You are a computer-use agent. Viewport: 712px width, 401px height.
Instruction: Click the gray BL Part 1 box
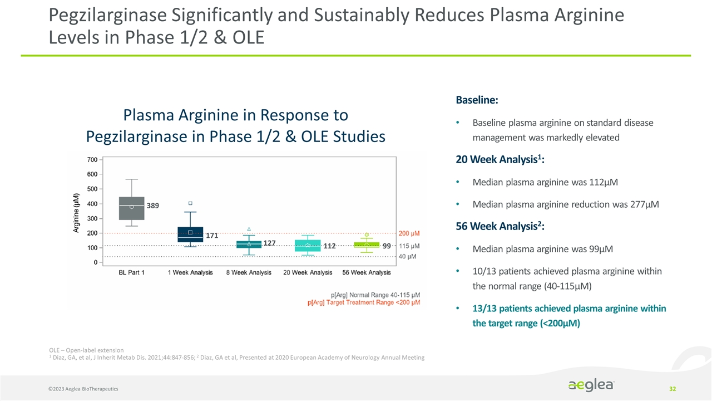click(132, 208)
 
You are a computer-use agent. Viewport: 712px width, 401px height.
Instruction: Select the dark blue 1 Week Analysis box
click(190, 234)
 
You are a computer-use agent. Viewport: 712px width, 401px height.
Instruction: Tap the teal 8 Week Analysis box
click(249, 244)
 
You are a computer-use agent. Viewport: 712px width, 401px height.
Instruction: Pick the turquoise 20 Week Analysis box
click(308, 246)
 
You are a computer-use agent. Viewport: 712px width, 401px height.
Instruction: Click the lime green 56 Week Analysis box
click(367, 244)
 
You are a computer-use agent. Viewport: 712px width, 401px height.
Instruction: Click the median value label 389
click(153, 206)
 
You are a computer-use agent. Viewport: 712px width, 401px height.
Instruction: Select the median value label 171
click(212, 236)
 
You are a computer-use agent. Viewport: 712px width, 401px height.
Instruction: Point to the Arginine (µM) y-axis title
click(76, 214)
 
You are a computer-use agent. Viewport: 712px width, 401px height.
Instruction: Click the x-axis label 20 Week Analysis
click(308, 272)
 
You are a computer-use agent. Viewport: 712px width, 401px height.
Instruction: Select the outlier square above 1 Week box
click(190, 203)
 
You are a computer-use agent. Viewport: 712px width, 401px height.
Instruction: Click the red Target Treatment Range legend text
click(364, 302)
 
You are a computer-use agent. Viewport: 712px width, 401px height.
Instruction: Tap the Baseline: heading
click(477, 101)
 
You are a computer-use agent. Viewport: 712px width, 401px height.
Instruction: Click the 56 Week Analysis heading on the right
click(500, 227)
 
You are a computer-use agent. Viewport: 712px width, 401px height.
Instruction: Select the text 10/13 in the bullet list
click(484, 270)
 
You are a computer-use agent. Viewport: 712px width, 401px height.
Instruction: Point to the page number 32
click(673, 388)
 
